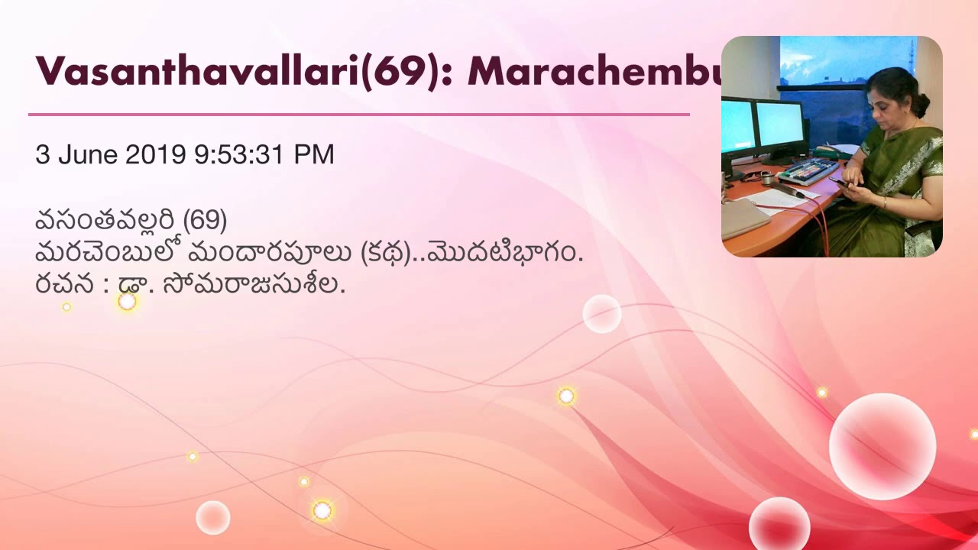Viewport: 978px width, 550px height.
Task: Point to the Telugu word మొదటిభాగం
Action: (504, 253)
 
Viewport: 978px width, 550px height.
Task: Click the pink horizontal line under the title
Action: (359, 115)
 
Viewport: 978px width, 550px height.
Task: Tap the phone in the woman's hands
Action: (839, 182)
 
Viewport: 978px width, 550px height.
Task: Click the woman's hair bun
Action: (922, 103)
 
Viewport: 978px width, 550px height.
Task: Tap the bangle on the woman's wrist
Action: (885, 202)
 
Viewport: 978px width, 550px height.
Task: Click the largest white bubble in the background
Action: (882, 446)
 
